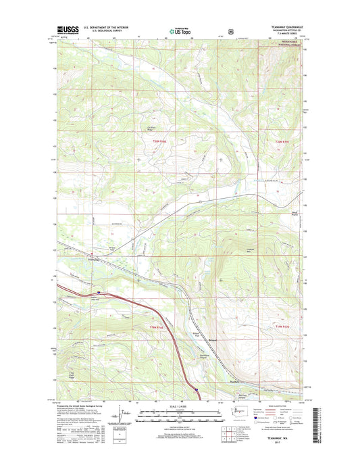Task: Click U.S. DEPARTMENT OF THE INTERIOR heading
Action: coord(112,27)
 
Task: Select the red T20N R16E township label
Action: coord(158,140)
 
